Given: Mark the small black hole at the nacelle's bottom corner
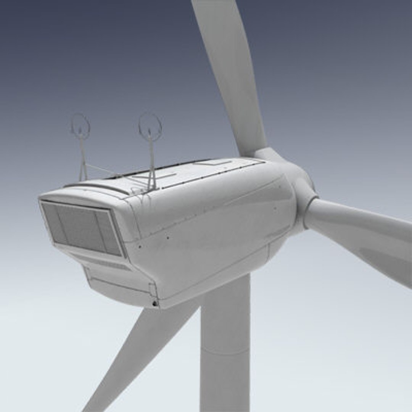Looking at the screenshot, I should (154, 303).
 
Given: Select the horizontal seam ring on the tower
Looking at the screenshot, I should (225, 353).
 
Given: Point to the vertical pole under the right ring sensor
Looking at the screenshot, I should (152, 160).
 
